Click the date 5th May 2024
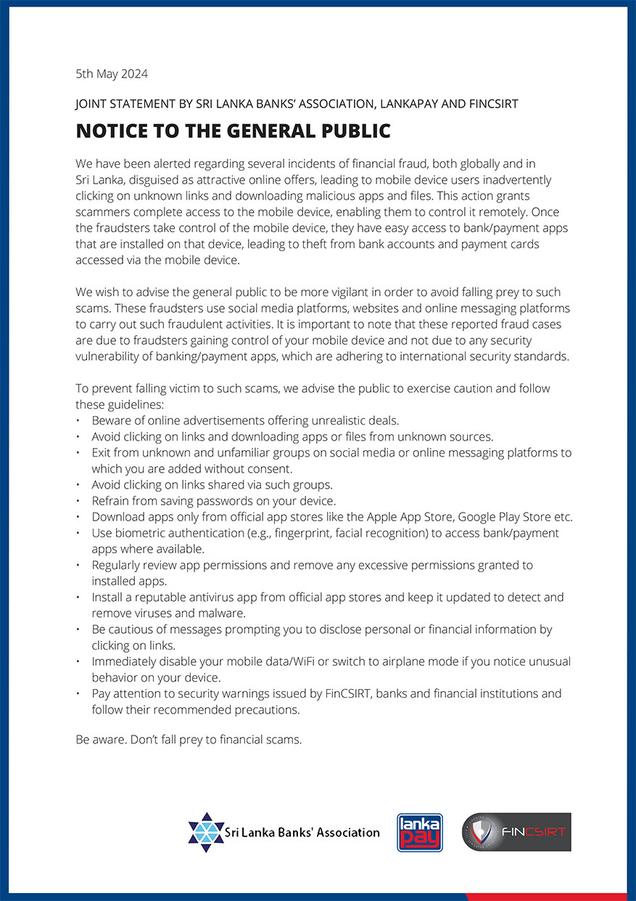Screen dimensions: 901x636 point(112,73)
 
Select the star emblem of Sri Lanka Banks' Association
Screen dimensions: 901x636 point(206,832)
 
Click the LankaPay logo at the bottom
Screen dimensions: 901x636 point(420,833)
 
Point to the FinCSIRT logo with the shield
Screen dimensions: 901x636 point(516,832)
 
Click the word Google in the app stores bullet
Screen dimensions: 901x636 point(461,517)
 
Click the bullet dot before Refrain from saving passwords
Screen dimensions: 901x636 point(79,501)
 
